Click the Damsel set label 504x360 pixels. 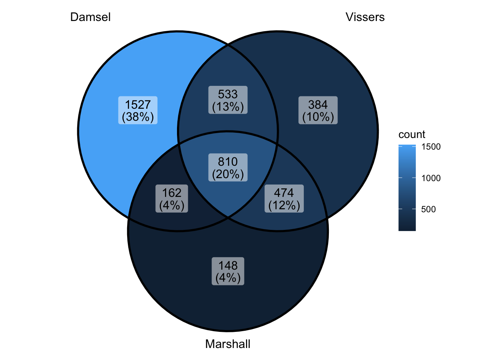[x=90, y=17]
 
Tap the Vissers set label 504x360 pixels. [x=365, y=17]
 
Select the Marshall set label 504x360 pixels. [x=228, y=344]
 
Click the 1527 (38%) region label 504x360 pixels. [x=138, y=111]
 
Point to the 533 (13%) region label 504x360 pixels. [x=228, y=100]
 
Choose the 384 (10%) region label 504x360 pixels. [x=318, y=111]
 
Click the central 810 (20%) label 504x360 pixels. [x=228, y=168]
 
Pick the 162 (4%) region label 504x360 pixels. [x=172, y=199]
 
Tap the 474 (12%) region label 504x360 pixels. [x=284, y=199]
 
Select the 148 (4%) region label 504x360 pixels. [x=228, y=271]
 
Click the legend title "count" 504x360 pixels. [x=412, y=135]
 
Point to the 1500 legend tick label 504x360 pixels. [x=431, y=147]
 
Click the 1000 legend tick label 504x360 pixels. [x=431, y=178]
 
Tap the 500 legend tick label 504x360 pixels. [x=429, y=209]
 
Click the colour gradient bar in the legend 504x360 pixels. [x=407, y=187]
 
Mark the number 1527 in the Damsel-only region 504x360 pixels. [x=138, y=105]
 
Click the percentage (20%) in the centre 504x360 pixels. [x=228, y=174]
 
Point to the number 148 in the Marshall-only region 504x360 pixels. [x=228, y=265]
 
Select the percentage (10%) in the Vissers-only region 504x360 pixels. [x=318, y=117]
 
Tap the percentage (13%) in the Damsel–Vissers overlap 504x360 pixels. [x=228, y=107]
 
